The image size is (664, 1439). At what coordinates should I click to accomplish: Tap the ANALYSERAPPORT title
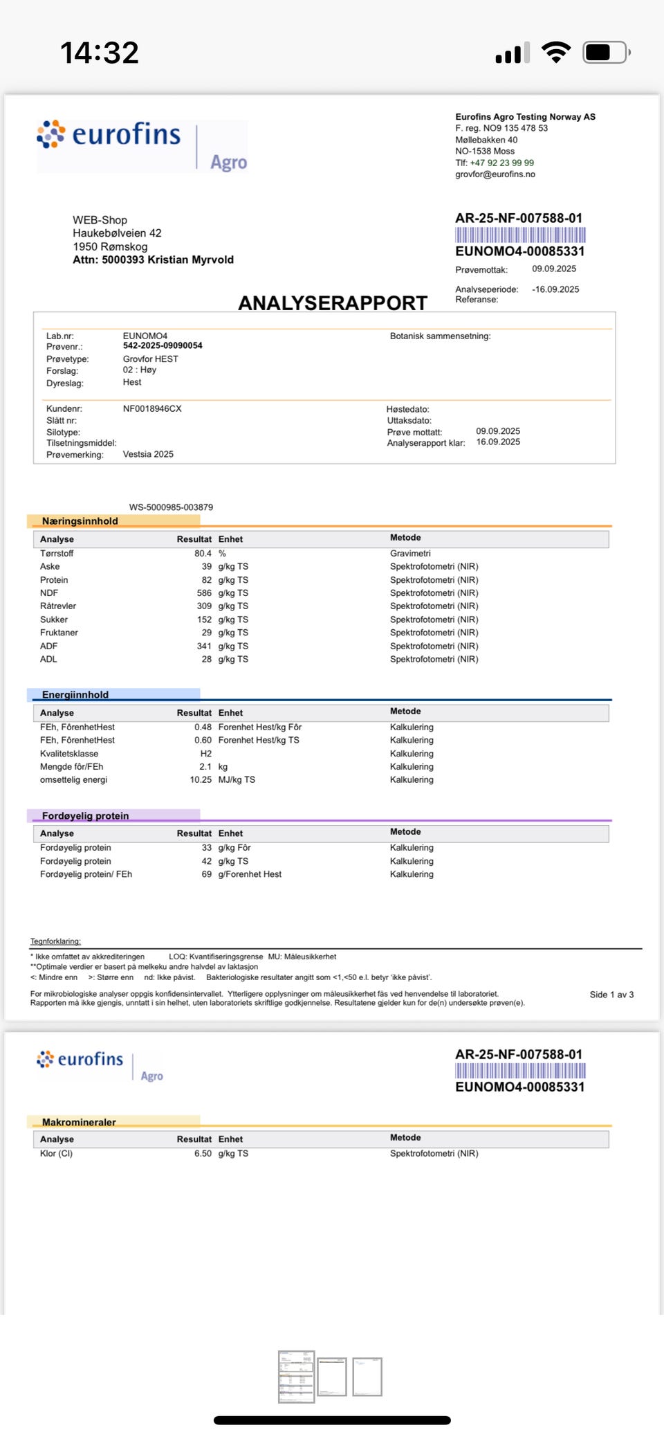pos(333,303)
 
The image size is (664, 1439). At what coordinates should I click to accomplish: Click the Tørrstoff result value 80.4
pos(203,554)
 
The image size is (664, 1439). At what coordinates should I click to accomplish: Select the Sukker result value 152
pos(204,619)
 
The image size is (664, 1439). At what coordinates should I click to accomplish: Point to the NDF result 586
pos(204,593)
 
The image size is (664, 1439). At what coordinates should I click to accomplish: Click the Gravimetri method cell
pos(410,554)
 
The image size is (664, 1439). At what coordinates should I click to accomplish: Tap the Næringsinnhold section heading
pos(80,521)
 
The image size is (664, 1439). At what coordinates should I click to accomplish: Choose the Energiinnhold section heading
pos(75,695)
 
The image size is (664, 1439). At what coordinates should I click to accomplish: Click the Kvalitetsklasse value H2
pos(206,754)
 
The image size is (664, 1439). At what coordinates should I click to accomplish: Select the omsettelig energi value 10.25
pos(201,780)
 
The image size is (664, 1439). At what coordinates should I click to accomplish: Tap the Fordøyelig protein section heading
pos(85,816)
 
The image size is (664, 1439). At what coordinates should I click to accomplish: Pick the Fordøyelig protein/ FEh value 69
pos(207,874)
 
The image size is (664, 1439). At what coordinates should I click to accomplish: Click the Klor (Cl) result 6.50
pos(203,1154)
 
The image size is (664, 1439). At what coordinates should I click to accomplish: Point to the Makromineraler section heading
pos(79,1122)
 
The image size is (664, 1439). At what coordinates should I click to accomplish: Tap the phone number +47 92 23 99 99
pos(501,163)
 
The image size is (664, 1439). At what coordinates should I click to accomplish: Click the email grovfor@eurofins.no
pos(495,174)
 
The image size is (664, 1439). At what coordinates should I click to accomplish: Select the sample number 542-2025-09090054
pos(163,346)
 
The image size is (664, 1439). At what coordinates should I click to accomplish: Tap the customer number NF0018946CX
pos(152,409)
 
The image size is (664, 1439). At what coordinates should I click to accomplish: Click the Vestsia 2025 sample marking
pos(148,455)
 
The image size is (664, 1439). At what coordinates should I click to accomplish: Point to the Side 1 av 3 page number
pos(611,995)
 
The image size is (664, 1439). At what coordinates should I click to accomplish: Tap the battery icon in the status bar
pos(606,53)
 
